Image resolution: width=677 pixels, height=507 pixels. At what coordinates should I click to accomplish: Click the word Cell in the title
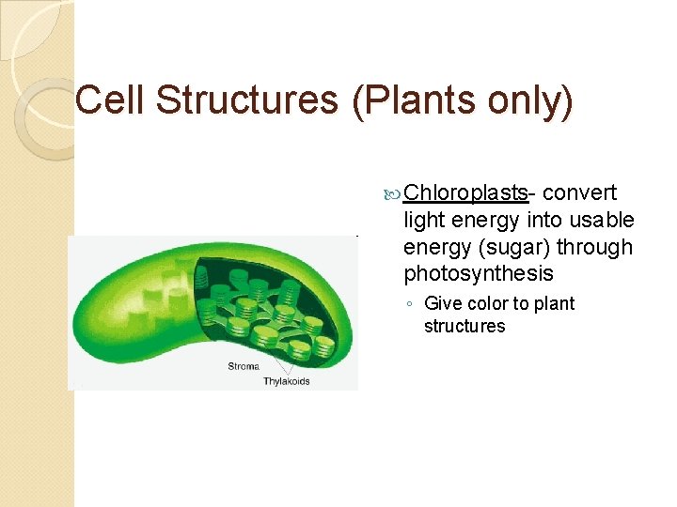[x=106, y=100]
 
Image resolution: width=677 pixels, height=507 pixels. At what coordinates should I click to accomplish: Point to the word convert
[x=580, y=193]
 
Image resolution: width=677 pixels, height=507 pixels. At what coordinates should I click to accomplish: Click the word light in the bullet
[x=424, y=220]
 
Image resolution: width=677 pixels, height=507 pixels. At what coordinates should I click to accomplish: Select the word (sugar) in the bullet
[x=515, y=247]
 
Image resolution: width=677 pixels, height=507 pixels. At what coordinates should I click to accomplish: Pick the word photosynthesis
[x=479, y=274]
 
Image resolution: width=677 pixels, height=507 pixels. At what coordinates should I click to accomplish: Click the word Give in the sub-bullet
[x=443, y=303]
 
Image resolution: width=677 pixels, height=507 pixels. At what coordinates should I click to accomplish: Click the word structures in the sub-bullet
[x=464, y=327]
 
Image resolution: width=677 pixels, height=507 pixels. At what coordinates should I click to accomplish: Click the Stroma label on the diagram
[x=244, y=366]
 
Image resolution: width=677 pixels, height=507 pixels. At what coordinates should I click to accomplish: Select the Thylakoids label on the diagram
[x=286, y=381]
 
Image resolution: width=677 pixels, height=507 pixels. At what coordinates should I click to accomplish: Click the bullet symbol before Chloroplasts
[x=394, y=194]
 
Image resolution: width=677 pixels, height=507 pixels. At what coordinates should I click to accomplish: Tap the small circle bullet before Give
[x=411, y=304]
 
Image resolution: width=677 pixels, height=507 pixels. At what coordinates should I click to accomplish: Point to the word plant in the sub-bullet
[x=554, y=303]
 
